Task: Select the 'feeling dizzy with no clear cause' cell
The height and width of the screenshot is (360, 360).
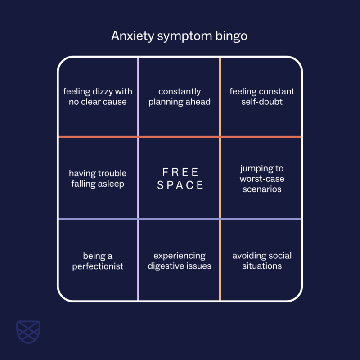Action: pyautogui.click(x=98, y=96)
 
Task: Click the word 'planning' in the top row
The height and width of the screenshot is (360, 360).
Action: pyautogui.click(x=165, y=102)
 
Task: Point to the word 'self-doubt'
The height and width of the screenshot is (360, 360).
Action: pyautogui.click(x=262, y=102)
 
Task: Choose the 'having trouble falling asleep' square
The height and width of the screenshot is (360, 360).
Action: pyautogui.click(x=98, y=178)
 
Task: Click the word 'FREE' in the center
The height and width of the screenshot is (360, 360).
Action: pyautogui.click(x=180, y=172)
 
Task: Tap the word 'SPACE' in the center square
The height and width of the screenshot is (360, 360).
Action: pyautogui.click(x=180, y=185)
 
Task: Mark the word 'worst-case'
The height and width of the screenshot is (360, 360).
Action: pyautogui.click(x=262, y=179)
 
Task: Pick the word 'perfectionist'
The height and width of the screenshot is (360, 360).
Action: pyautogui.click(x=98, y=266)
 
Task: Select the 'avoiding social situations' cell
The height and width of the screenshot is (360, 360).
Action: pyautogui.click(x=262, y=261)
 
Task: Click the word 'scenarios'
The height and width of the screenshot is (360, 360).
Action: pyautogui.click(x=262, y=189)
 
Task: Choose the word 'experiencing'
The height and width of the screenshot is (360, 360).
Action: pyautogui.click(x=180, y=256)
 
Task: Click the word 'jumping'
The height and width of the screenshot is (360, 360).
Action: pyautogui.click(x=262, y=168)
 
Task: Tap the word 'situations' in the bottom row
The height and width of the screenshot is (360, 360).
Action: pyautogui.click(x=262, y=266)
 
